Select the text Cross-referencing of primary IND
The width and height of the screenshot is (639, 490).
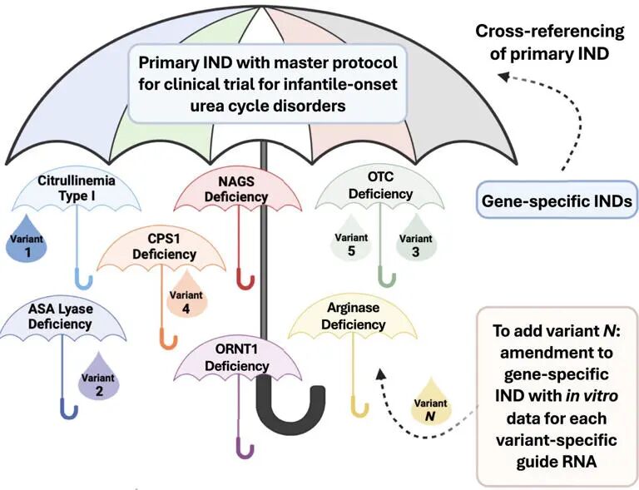(549, 41)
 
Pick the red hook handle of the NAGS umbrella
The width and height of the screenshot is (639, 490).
(245, 278)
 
